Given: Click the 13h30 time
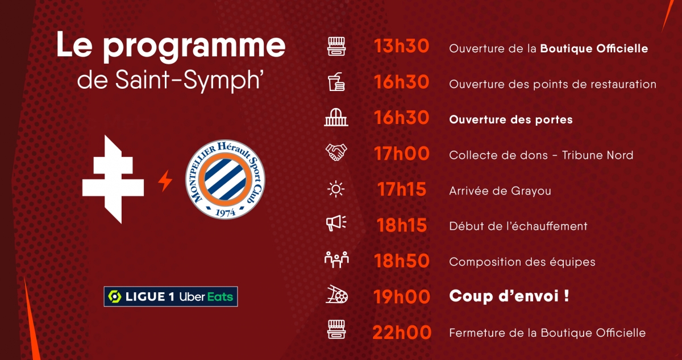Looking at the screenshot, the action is coord(401,46).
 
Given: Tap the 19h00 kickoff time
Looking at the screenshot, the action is coord(402,297).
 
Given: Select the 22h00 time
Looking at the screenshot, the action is coord(402,333).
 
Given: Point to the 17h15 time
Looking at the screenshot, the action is coord(402,189).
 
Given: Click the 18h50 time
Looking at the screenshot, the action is coord(402,261).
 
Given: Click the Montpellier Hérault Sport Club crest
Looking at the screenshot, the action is coord(225,179).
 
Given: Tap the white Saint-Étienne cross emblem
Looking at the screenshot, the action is coord(113,179).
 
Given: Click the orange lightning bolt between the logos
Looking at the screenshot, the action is coord(165,181).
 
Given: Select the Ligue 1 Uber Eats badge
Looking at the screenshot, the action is coord(170,296).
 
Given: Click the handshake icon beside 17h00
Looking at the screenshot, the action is coord(336,152).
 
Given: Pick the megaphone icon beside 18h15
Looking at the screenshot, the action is coord(336,224).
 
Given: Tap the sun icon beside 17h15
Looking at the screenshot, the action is coord(336,189).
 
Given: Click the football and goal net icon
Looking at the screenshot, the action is coord(336,295).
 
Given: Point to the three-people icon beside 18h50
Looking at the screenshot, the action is coord(336,260).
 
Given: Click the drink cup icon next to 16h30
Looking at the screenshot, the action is coord(336,82).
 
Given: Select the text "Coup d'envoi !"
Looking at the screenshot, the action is coord(509,296).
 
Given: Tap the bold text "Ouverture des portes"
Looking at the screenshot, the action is coord(511,119).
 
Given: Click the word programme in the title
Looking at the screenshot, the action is coord(194,48).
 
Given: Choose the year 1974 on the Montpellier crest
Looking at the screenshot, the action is coord(226,212).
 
